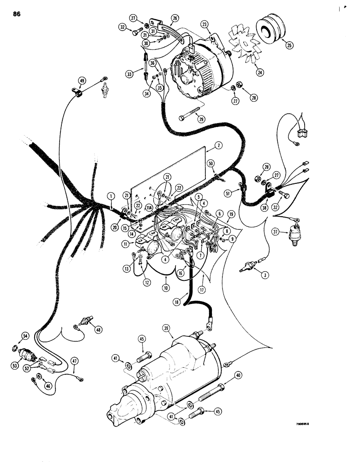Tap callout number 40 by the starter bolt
(x=237, y=375)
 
